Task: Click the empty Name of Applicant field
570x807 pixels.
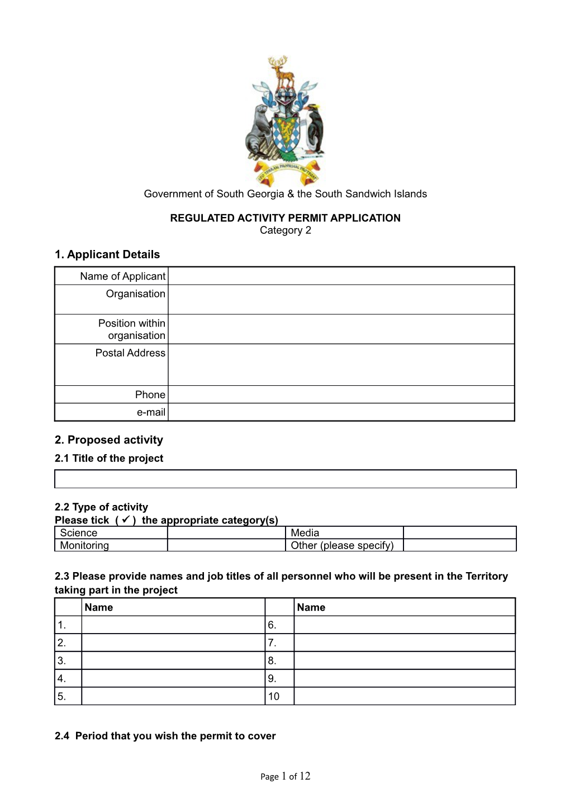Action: (x=341, y=276)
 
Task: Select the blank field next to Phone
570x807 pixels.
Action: (x=341, y=395)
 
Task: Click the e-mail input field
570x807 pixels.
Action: (x=341, y=412)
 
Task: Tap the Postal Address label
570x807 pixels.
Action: (x=130, y=353)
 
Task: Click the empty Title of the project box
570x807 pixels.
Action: (x=285, y=479)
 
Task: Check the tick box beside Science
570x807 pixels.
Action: (x=226, y=533)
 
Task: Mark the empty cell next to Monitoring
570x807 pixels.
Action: (x=226, y=545)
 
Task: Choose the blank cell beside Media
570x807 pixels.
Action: (x=459, y=533)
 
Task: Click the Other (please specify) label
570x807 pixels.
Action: (x=342, y=545)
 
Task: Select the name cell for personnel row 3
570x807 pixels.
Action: (x=173, y=660)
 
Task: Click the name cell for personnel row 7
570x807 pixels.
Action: (x=404, y=643)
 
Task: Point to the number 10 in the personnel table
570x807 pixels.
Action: (x=274, y=696)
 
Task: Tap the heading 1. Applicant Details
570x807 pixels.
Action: (x=107, y=254)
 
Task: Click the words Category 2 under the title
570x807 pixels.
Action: (x=285, y=230)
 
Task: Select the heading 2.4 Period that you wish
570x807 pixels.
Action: (x=165, y=736)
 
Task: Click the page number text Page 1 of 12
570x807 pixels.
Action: (x=285, y=776)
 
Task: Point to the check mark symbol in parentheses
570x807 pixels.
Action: (x=126, y=520)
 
